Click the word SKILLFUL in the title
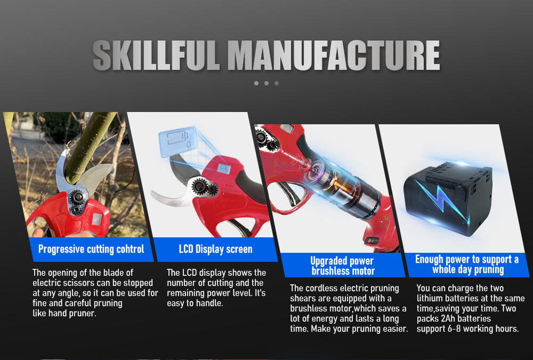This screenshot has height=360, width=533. tap(156, 55)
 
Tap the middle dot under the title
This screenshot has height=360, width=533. tap(266, 83)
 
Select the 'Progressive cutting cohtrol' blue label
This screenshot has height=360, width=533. tap(91, 249)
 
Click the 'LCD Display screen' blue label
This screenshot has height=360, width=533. tap(215, 249)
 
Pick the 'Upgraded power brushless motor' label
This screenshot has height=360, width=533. tap(343, 265)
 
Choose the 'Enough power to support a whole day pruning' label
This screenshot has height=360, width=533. tap(467, 265)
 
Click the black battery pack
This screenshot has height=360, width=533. tap(448, 199)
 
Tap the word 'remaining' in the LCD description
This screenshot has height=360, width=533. tap(185, 293)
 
